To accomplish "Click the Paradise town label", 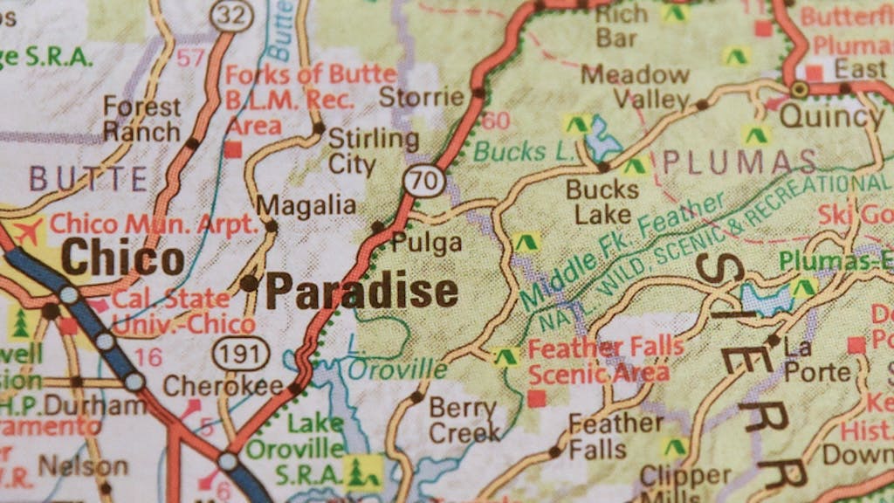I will (x=361, y=291).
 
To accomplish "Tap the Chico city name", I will (x=123, y=259).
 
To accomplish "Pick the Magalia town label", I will (x=306, y=205).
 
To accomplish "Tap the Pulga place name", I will (x=426, y=243).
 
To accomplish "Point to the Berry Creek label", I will (x=464, y=419).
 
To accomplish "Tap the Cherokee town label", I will (x=223, y=385).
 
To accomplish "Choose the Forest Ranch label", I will (x=142, y=120).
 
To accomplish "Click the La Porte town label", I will (x=816, y=360).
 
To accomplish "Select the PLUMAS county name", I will (x=739, y=162).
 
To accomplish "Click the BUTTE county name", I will (x=88, y=179).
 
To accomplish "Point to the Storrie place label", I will (x=421, y=96).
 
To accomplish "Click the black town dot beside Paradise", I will (x=250, y=283).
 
